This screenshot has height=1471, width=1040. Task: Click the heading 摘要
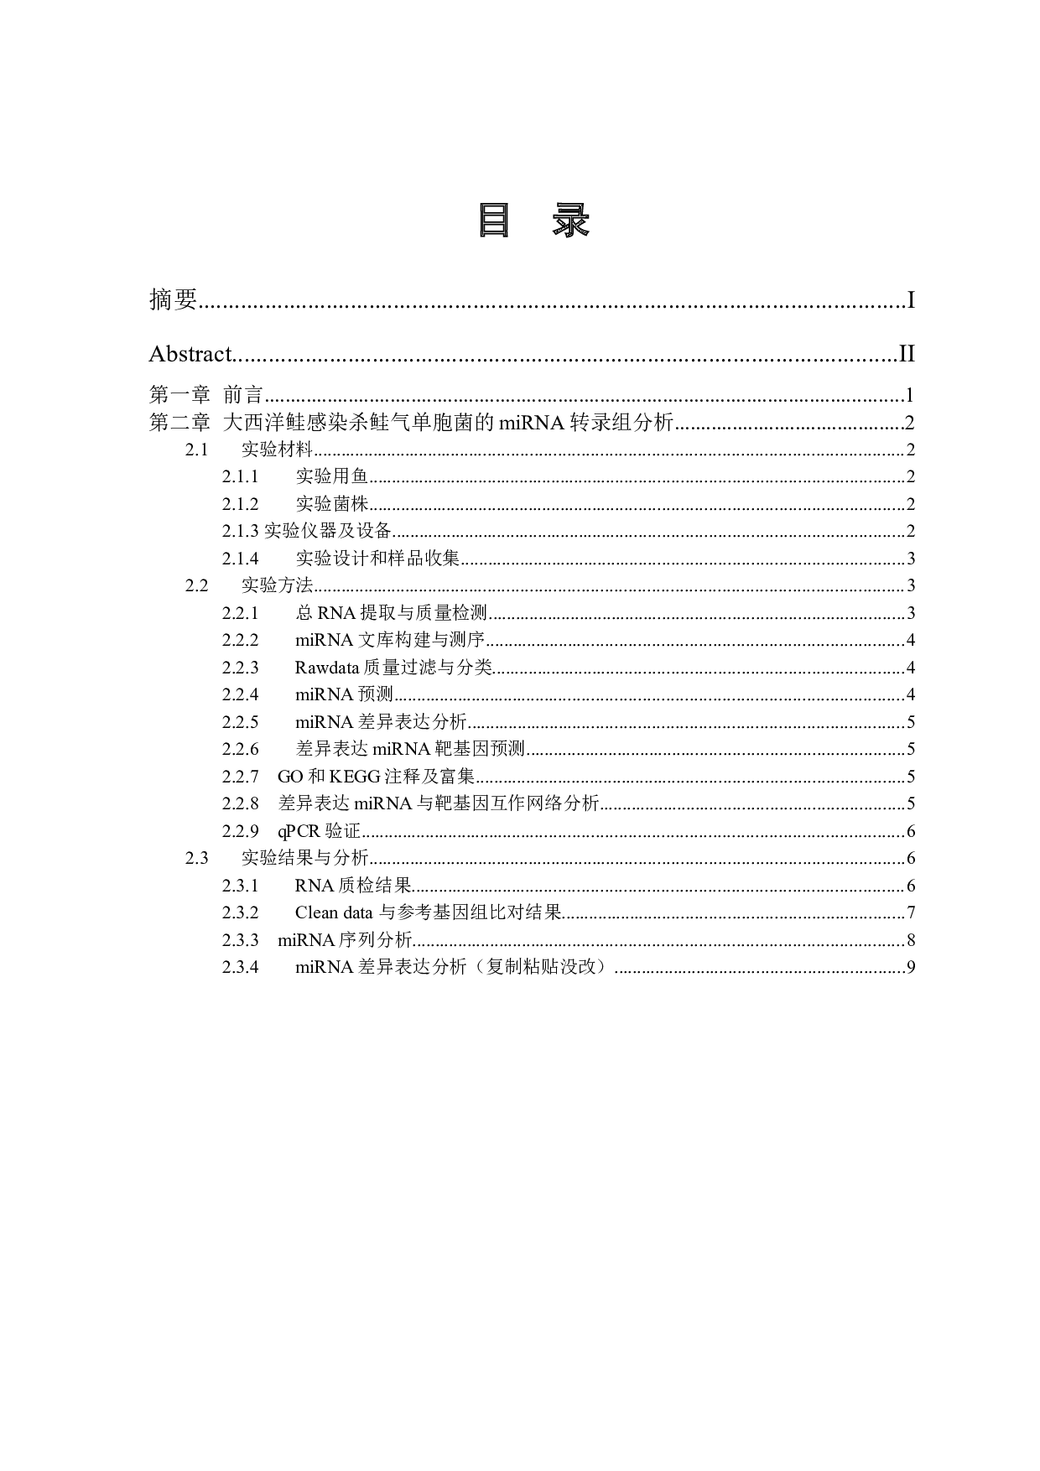173,299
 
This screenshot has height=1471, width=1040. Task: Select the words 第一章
179,394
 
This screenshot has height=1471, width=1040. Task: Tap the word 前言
243,394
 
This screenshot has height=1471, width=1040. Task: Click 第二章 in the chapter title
179,422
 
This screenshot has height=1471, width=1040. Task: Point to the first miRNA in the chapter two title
532,422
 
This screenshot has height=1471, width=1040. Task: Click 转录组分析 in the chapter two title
621,422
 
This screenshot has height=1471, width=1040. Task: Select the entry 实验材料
277,449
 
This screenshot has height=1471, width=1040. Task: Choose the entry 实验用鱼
331,476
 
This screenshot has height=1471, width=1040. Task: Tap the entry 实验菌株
331,503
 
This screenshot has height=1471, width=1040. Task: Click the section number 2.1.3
241,531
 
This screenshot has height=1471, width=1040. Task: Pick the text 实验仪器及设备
328,531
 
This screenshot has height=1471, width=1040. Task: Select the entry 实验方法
277,585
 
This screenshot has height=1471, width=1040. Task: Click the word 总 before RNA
304,612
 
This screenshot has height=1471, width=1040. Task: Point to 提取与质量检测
424,612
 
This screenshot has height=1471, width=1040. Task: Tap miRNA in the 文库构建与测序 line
325,640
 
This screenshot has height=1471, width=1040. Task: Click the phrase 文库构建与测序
422,640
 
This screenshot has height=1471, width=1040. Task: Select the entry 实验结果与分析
304,857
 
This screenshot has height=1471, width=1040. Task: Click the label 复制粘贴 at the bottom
523,966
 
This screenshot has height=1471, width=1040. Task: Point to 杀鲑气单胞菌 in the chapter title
401,422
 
